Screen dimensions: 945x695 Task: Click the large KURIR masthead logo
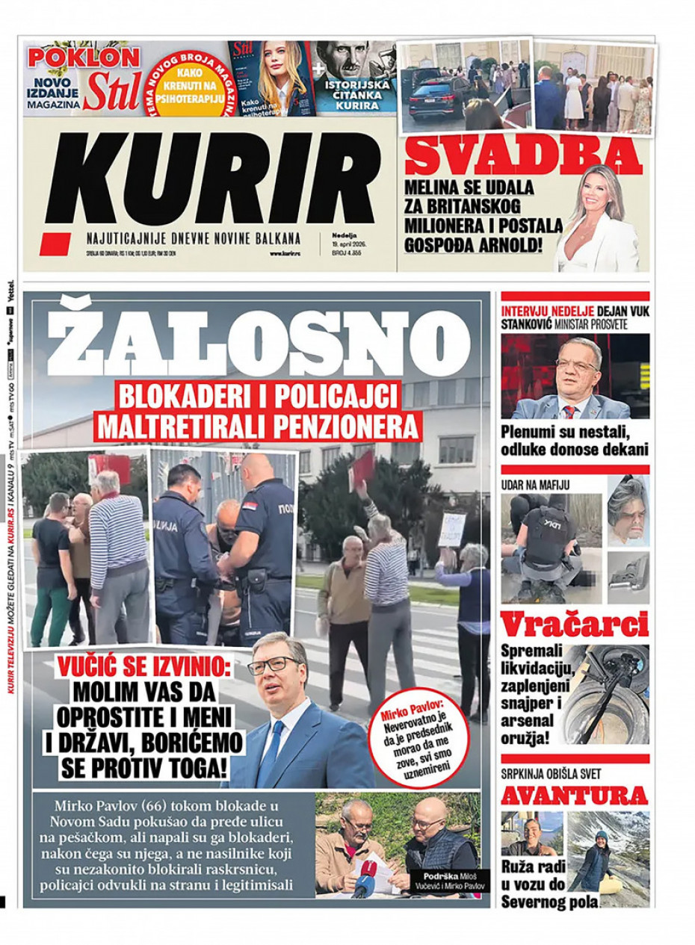click(213, 179)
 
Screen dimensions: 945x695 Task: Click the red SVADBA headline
click(523, 155)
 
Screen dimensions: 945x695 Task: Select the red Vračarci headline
click(574, 625)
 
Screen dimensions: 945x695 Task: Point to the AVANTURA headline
click(573, 795)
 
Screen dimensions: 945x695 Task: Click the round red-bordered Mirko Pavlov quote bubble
click(424, 737)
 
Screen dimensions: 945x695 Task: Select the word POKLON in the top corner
click(84, 58)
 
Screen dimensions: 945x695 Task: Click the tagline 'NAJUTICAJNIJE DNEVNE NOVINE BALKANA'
click(193, 239)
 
